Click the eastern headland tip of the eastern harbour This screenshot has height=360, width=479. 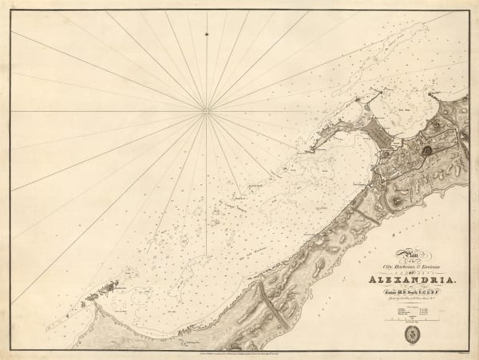[x=432, y=95]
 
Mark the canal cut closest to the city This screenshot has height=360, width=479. [x=366, y=215]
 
